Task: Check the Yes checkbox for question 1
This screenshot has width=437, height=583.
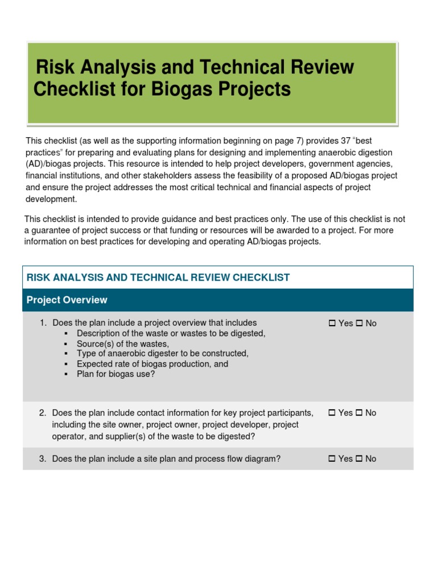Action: coord(332,323)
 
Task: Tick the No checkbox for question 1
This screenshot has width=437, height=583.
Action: coord(360,323)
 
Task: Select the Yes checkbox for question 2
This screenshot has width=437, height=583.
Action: coord(332,413)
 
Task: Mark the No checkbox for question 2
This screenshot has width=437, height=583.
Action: coord(360,413)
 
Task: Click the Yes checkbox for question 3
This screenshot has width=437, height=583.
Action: coord(332,459)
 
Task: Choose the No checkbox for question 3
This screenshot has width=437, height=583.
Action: coord(360,459)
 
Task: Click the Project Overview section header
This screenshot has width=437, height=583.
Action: coord(67,300)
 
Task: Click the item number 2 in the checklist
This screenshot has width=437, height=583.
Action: coord(43,413)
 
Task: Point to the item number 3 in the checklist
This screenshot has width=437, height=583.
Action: coord(43,459)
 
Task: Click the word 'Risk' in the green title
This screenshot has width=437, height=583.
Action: coord(56,67)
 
